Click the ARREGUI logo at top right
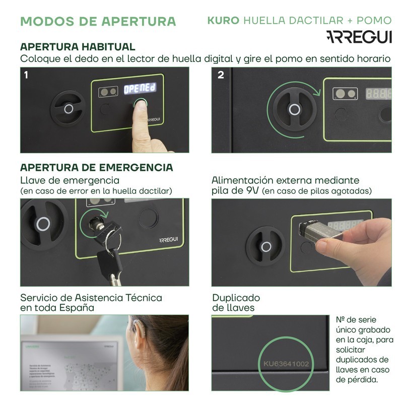point(358,37)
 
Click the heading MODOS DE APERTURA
point(98,21)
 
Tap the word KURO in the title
point(223,21)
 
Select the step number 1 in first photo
point(26,75)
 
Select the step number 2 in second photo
point(221,75)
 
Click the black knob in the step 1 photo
point(69,108)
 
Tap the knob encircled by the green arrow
point(294,109)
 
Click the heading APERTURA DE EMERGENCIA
point(96,167)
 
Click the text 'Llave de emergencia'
point(70,180)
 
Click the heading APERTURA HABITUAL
point(78,47)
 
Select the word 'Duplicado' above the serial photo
point(236,297)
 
